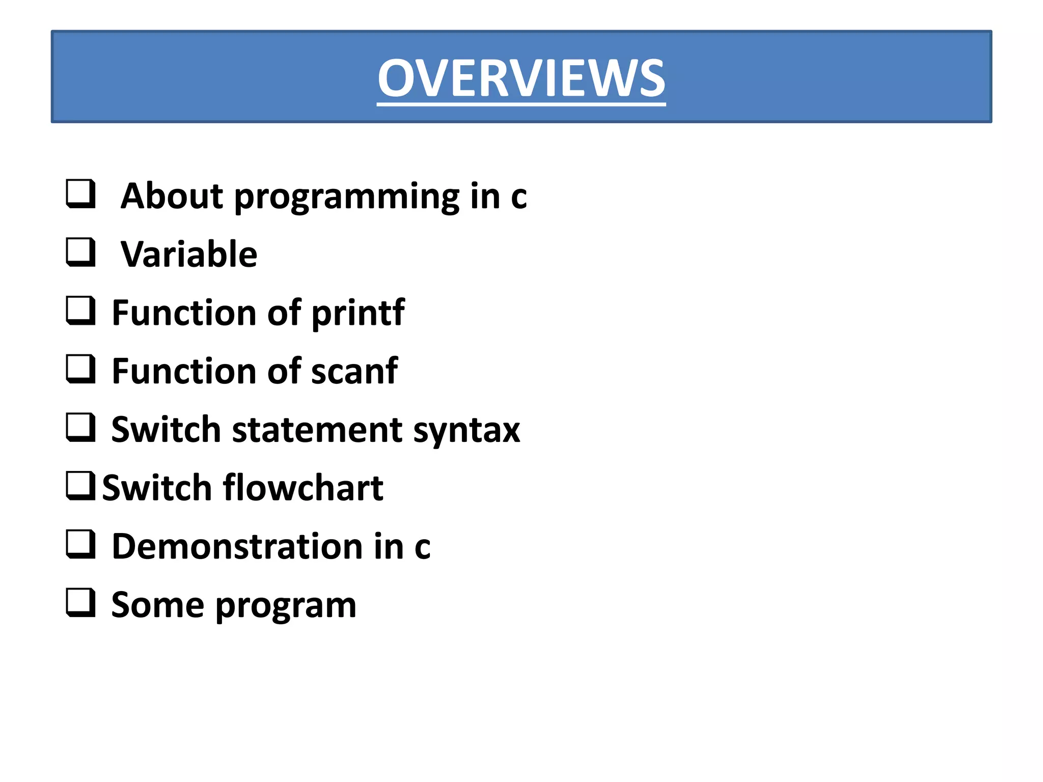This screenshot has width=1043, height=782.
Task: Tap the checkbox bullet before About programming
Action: coord(80,193)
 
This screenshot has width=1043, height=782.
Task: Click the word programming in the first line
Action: coord(346,197)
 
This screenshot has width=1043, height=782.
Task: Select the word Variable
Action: coord(189,254)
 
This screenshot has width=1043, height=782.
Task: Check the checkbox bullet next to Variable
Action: coord(80,252)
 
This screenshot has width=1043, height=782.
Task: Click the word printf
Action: coord(358,313)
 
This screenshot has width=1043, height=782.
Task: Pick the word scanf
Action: coord(354,371)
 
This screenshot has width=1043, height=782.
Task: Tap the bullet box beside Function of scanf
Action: coord(80,369)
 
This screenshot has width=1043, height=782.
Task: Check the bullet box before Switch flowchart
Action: coord(80,486)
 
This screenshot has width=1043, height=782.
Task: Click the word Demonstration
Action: coord(237,546)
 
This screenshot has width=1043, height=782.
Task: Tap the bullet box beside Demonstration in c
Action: coord(80,544)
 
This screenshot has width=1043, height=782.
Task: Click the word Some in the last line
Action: coord(158,605)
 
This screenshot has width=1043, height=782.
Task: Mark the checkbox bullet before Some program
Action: coord(80,603)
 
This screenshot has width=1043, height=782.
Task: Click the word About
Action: coord(172,196)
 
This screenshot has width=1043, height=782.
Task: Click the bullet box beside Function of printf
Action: coord(80,311)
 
